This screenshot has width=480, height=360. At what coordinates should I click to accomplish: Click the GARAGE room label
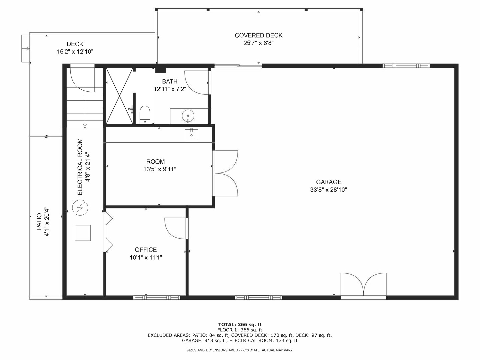coord(329,182)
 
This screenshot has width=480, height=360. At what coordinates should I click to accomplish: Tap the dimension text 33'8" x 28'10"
coord(329,190)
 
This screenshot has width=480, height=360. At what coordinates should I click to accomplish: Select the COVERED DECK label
coord(259,35)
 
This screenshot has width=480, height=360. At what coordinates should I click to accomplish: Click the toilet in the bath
coord(145,114)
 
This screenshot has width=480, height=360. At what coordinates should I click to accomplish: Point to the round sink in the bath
coord(188,116)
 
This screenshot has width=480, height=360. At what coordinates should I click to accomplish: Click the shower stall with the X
coord(119,96)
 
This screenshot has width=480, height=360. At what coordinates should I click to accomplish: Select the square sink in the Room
coord(191,135)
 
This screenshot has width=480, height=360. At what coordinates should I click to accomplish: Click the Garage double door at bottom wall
coord(363,285)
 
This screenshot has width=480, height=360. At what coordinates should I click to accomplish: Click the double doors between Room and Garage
coord(226,173)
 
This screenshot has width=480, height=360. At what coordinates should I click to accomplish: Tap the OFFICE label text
coord(146,250)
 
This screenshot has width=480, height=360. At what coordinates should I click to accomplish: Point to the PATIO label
coord(39,222)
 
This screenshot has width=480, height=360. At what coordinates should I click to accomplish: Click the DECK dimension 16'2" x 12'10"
coord(75,52)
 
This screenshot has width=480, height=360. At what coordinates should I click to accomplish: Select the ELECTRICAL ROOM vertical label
coord(80,167)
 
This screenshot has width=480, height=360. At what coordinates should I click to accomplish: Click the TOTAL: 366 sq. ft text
coord(240,324)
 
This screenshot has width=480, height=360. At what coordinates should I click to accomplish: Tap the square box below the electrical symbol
coord(83,233)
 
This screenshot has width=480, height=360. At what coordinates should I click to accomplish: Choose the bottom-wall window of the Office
coord(157,297)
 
